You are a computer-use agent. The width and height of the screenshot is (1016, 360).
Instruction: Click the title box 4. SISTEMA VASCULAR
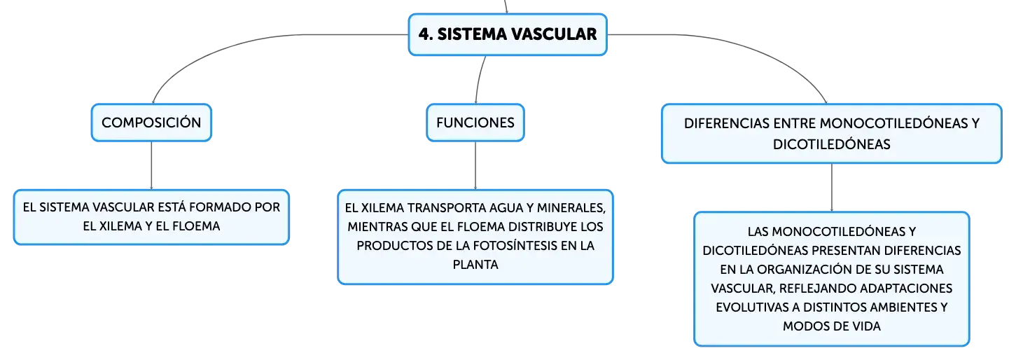pos(508,34)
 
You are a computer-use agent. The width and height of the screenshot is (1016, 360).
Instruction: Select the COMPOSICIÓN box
pos(151,123)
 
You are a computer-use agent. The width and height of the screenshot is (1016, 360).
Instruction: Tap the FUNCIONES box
pos(475,123)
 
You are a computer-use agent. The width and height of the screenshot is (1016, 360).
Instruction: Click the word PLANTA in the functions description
pos(475,265)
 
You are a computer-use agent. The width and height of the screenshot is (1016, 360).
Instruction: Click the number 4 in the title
pos(424,34)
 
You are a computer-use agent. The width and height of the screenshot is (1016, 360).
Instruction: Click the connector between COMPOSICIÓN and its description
pos(151,165)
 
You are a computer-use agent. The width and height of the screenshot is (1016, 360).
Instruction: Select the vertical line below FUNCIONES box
pos(475,165)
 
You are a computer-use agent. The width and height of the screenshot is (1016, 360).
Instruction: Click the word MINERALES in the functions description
pos(571,208)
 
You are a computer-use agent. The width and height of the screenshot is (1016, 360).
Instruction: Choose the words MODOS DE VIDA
pos(832,326)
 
